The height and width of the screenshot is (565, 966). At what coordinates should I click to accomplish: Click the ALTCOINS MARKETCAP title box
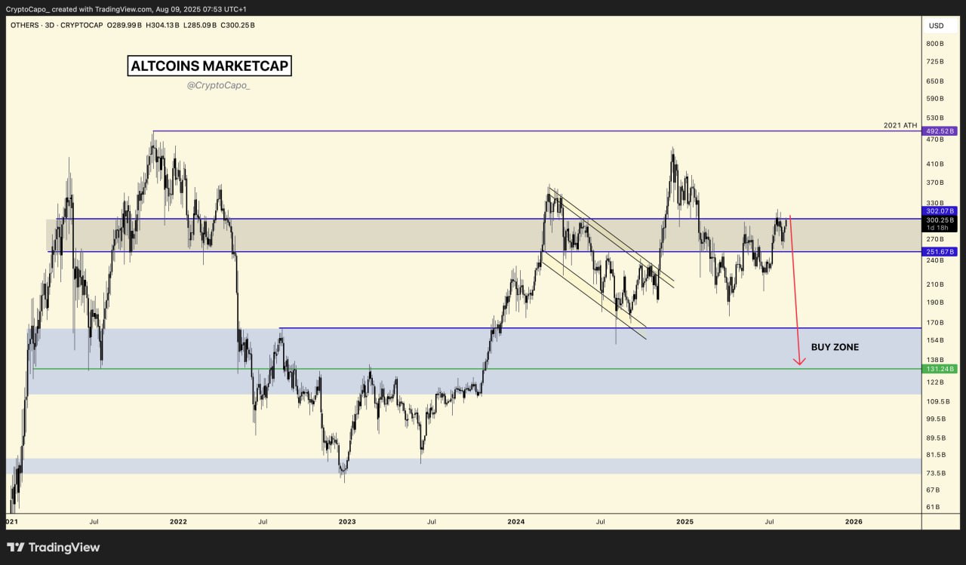click(209, 66)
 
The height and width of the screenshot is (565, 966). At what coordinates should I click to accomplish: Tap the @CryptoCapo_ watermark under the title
click(218, 86)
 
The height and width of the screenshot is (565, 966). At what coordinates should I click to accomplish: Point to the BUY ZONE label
click(835, 348)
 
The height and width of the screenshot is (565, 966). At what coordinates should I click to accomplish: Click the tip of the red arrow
click(799, 365)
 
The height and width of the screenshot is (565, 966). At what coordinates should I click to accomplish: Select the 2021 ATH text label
click(900, 125)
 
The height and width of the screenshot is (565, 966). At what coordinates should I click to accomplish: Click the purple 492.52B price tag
click(939, 131)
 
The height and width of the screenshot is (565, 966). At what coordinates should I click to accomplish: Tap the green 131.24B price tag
click(939, 369)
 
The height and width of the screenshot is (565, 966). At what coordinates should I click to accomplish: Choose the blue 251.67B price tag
click(939, 251)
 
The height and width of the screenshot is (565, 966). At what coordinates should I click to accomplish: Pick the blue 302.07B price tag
click(939, 211)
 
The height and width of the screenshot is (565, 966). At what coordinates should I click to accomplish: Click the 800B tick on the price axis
click(936, 43)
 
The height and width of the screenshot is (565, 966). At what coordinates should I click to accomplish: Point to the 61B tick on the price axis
click(934, 507)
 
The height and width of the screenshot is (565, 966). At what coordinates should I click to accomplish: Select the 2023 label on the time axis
click(347, 521)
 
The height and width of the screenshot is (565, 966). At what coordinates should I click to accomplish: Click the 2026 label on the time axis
click(854, 521)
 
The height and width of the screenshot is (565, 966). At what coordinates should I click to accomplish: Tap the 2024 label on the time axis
click(516, 521)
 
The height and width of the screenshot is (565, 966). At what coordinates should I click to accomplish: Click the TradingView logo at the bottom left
click(53, 548)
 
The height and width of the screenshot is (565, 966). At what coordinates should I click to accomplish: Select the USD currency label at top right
click(936, 26)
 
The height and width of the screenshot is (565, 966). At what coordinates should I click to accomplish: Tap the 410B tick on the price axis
click(936, 164)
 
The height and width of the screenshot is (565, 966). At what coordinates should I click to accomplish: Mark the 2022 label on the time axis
click(178, 521)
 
